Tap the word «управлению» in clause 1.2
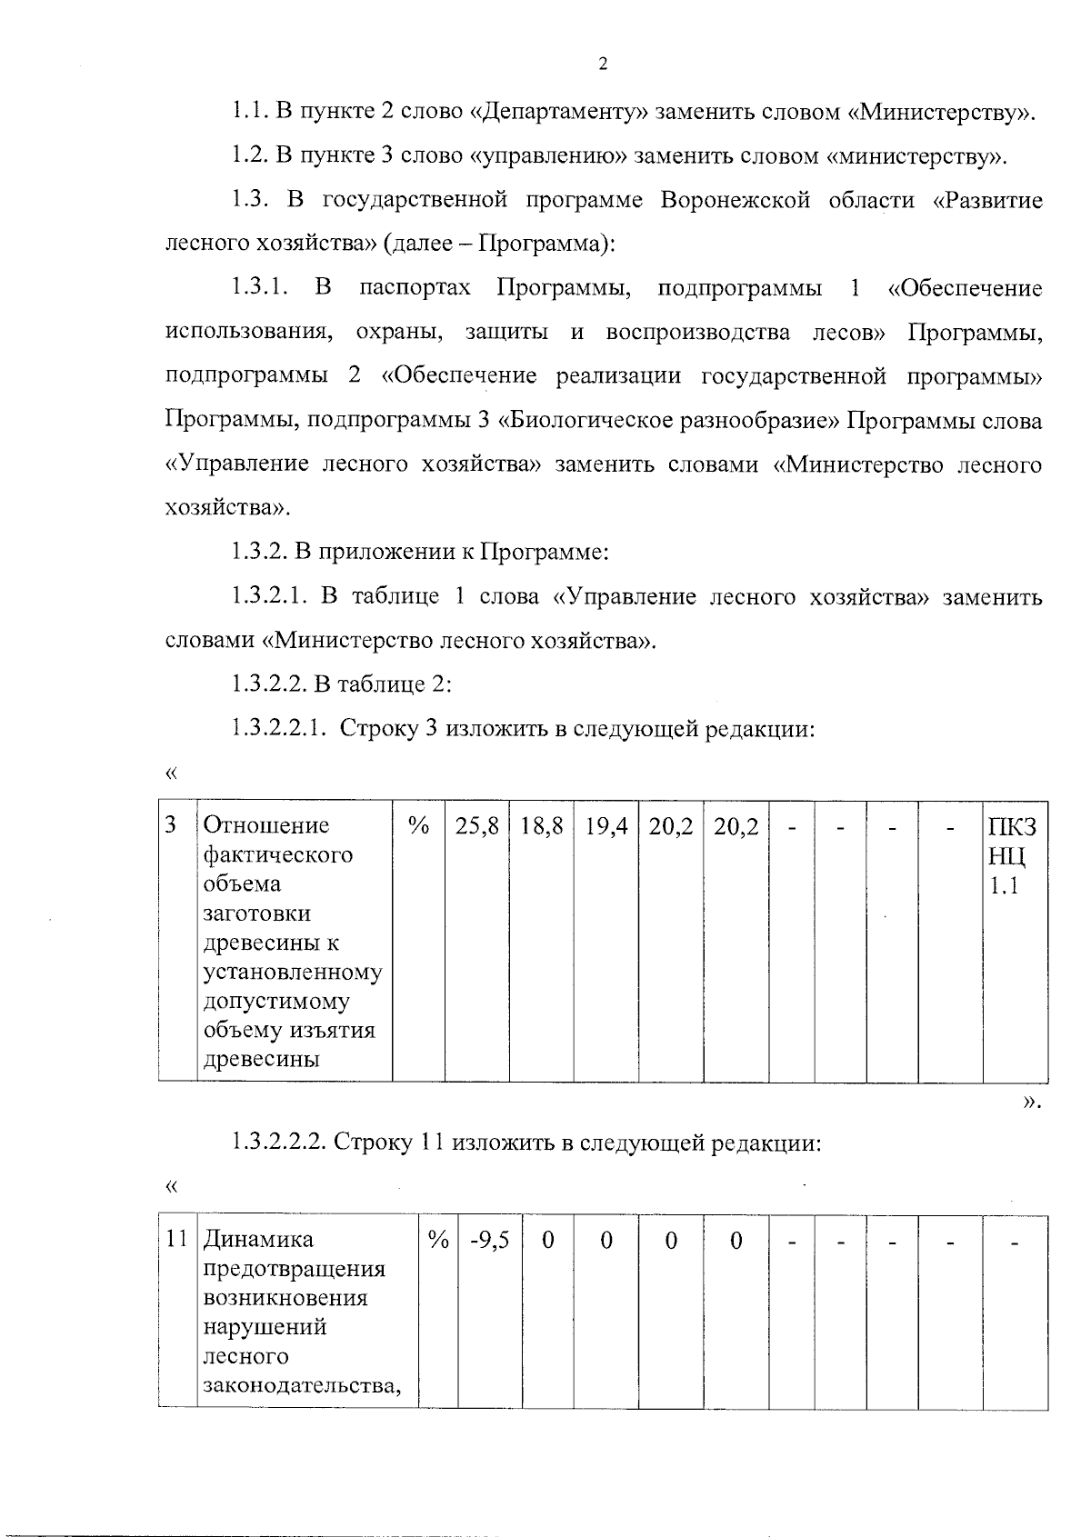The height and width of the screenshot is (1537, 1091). pyautogui.click(x=549, y=156)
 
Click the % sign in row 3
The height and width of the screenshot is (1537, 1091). pyautogui.click(x=418, y=825)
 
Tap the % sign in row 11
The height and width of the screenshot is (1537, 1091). pyautogui.click(x=438, y=1240)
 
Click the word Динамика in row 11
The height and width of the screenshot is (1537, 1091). pyautogui.click(x=257, y=1240)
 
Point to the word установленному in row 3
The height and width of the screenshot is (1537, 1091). pyautogui.click(x=292, y=973)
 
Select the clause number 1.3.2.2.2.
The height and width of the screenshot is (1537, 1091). pyautogui.click(x=278, y=1143)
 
